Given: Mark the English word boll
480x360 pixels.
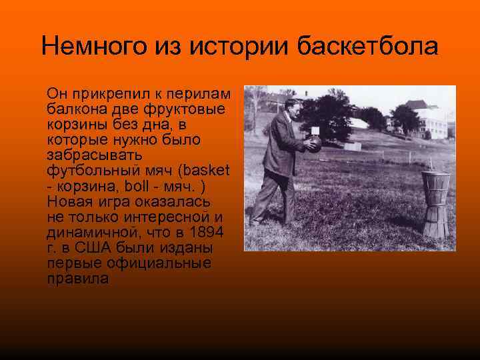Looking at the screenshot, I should pos(147,185).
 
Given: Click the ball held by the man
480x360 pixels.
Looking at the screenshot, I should pos(311,143).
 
